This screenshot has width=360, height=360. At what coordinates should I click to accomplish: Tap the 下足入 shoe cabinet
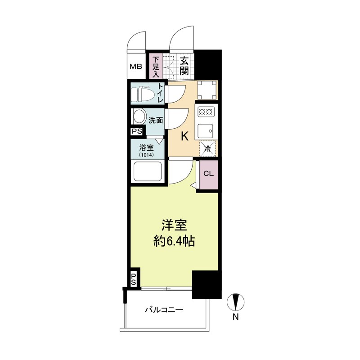pyautogui.click(x=156, y=67)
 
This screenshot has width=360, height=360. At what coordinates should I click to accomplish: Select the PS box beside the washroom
pyautogui.click(x=136, y=131)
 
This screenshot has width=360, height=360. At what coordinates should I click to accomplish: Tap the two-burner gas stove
pyautogui.click(x=207, y=111)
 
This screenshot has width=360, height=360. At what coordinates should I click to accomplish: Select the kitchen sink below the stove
pyautogui.click(x=207, y=130)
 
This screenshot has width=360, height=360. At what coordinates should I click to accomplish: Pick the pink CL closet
pyautogui.click(x=208, y=174)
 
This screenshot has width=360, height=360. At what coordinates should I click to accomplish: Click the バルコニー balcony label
pyautogui.click(x=164, y=310)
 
